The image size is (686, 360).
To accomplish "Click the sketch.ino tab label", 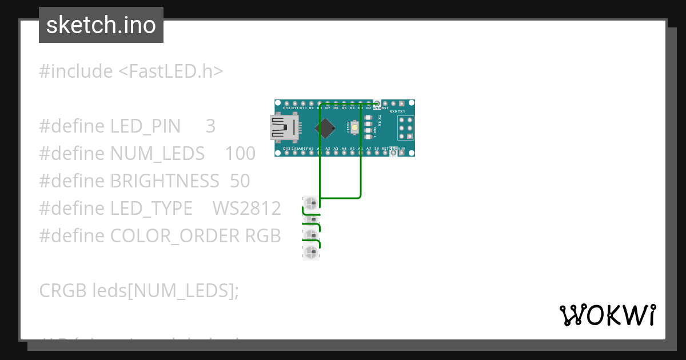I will (x=101, y=25).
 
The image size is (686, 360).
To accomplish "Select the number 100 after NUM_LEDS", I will (x=240, y=154).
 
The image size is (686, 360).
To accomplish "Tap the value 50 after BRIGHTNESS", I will (x=240, y=181).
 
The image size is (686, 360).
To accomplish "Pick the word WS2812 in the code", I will (x=246, y=209).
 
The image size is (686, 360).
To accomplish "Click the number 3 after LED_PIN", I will (x=210, y=126).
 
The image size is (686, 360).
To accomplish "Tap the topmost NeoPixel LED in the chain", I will (x=310, y=203).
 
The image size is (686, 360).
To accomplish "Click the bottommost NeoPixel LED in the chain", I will (x=310, y=252).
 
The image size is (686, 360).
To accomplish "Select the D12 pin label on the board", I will (x=287, y=108).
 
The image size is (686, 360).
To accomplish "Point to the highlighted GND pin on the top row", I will (x=377, y=107).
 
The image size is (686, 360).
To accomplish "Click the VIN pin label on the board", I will (x=401, y=149).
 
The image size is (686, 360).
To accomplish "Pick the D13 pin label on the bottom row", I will (x=287, y=149).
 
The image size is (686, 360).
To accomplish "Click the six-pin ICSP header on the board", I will (x=405, y=129).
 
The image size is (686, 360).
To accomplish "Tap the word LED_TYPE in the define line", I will (x=151, y=209).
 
